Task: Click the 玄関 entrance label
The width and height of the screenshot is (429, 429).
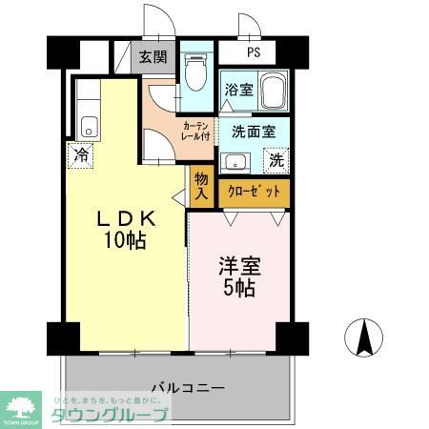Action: (152, 57)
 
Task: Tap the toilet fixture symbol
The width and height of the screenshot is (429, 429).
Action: (195, 68)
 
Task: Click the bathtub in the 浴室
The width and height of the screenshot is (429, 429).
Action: (274, 92)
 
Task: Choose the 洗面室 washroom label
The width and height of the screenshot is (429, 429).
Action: (252, 133)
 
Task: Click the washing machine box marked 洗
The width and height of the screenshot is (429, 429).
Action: (276, 160)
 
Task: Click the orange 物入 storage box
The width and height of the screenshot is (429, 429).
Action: (202, 185)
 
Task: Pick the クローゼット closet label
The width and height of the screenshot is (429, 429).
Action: (254, 191)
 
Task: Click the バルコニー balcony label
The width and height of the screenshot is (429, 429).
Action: (188, 388)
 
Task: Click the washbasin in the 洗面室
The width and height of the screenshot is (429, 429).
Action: (234, 161)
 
